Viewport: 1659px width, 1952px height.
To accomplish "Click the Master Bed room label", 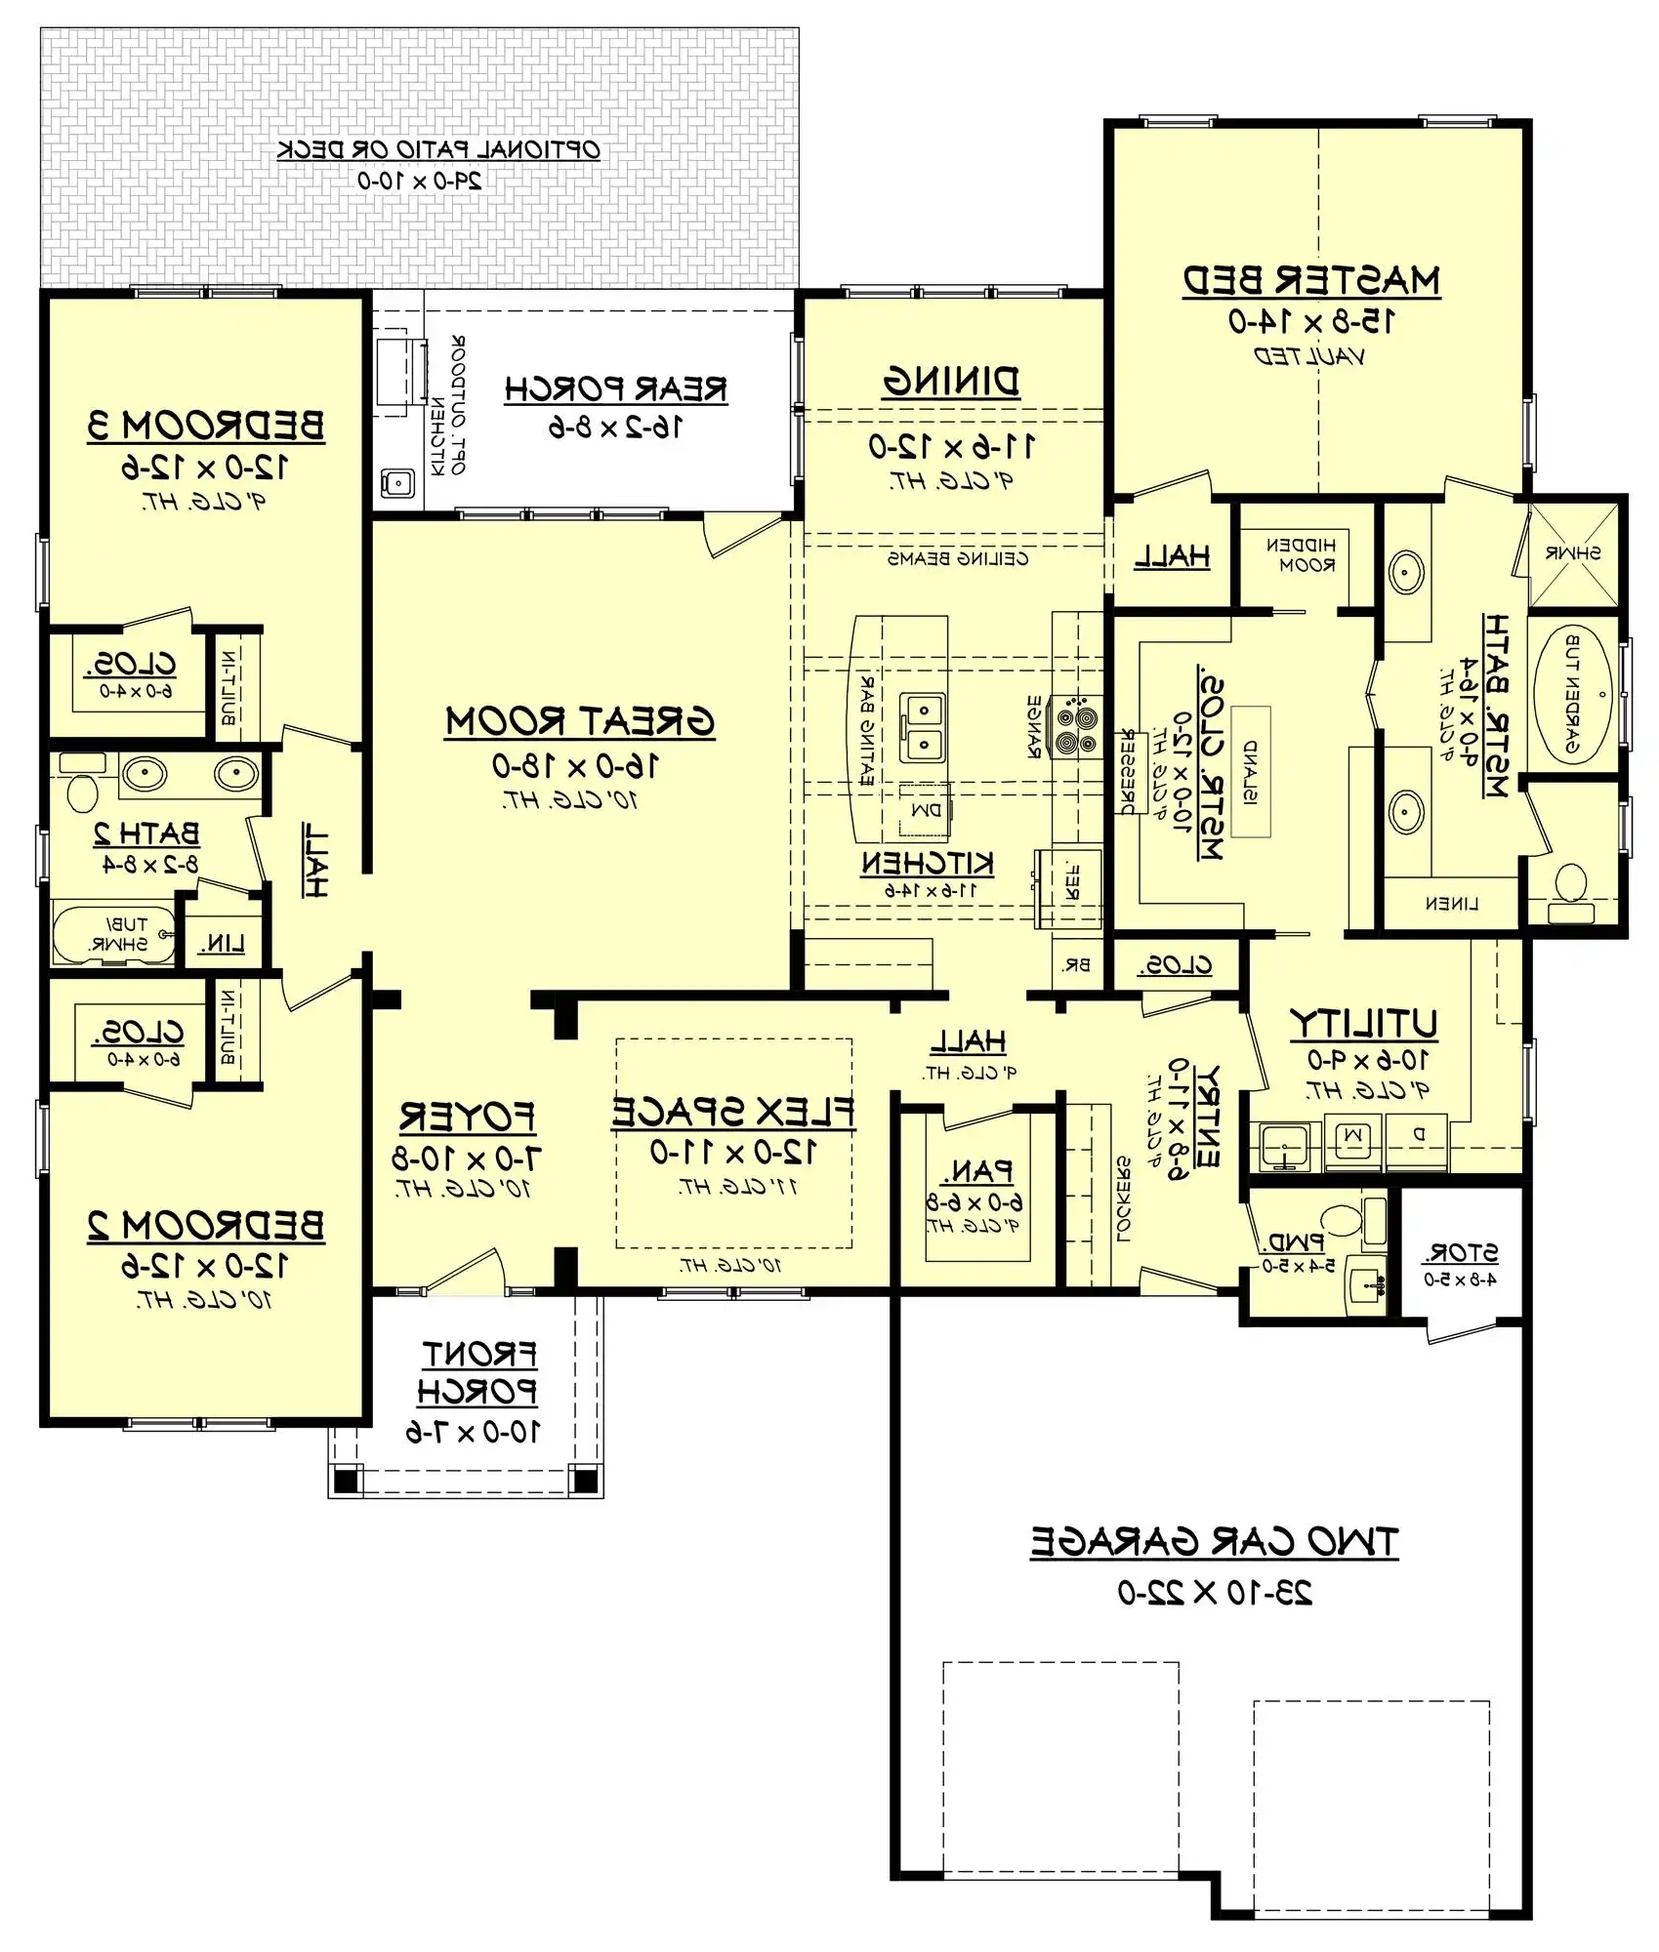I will pos(1311,281).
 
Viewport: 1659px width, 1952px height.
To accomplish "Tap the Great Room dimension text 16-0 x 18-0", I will pos(575,766).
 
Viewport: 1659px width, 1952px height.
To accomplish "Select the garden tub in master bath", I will pos(1573,695).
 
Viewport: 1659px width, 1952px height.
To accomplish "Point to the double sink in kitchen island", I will pos(922,728).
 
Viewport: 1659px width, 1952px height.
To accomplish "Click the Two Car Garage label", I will pos(1214,1542).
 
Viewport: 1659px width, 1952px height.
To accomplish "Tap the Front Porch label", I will pos(477,1372).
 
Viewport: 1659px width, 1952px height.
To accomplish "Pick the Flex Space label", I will pos(732,1113).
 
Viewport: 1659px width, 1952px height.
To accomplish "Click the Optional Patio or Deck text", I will pos(438,150).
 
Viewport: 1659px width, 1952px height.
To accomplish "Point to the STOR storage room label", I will pos(1461,1252).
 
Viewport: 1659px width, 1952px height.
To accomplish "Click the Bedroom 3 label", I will pos(206,427).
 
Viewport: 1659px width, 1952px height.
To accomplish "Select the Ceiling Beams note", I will pos(957,559).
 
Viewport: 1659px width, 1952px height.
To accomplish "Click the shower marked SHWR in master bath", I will pos(1572,553).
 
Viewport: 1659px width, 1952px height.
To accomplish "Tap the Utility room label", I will pos(1363,1024).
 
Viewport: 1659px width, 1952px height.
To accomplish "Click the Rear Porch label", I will pos(615,389).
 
